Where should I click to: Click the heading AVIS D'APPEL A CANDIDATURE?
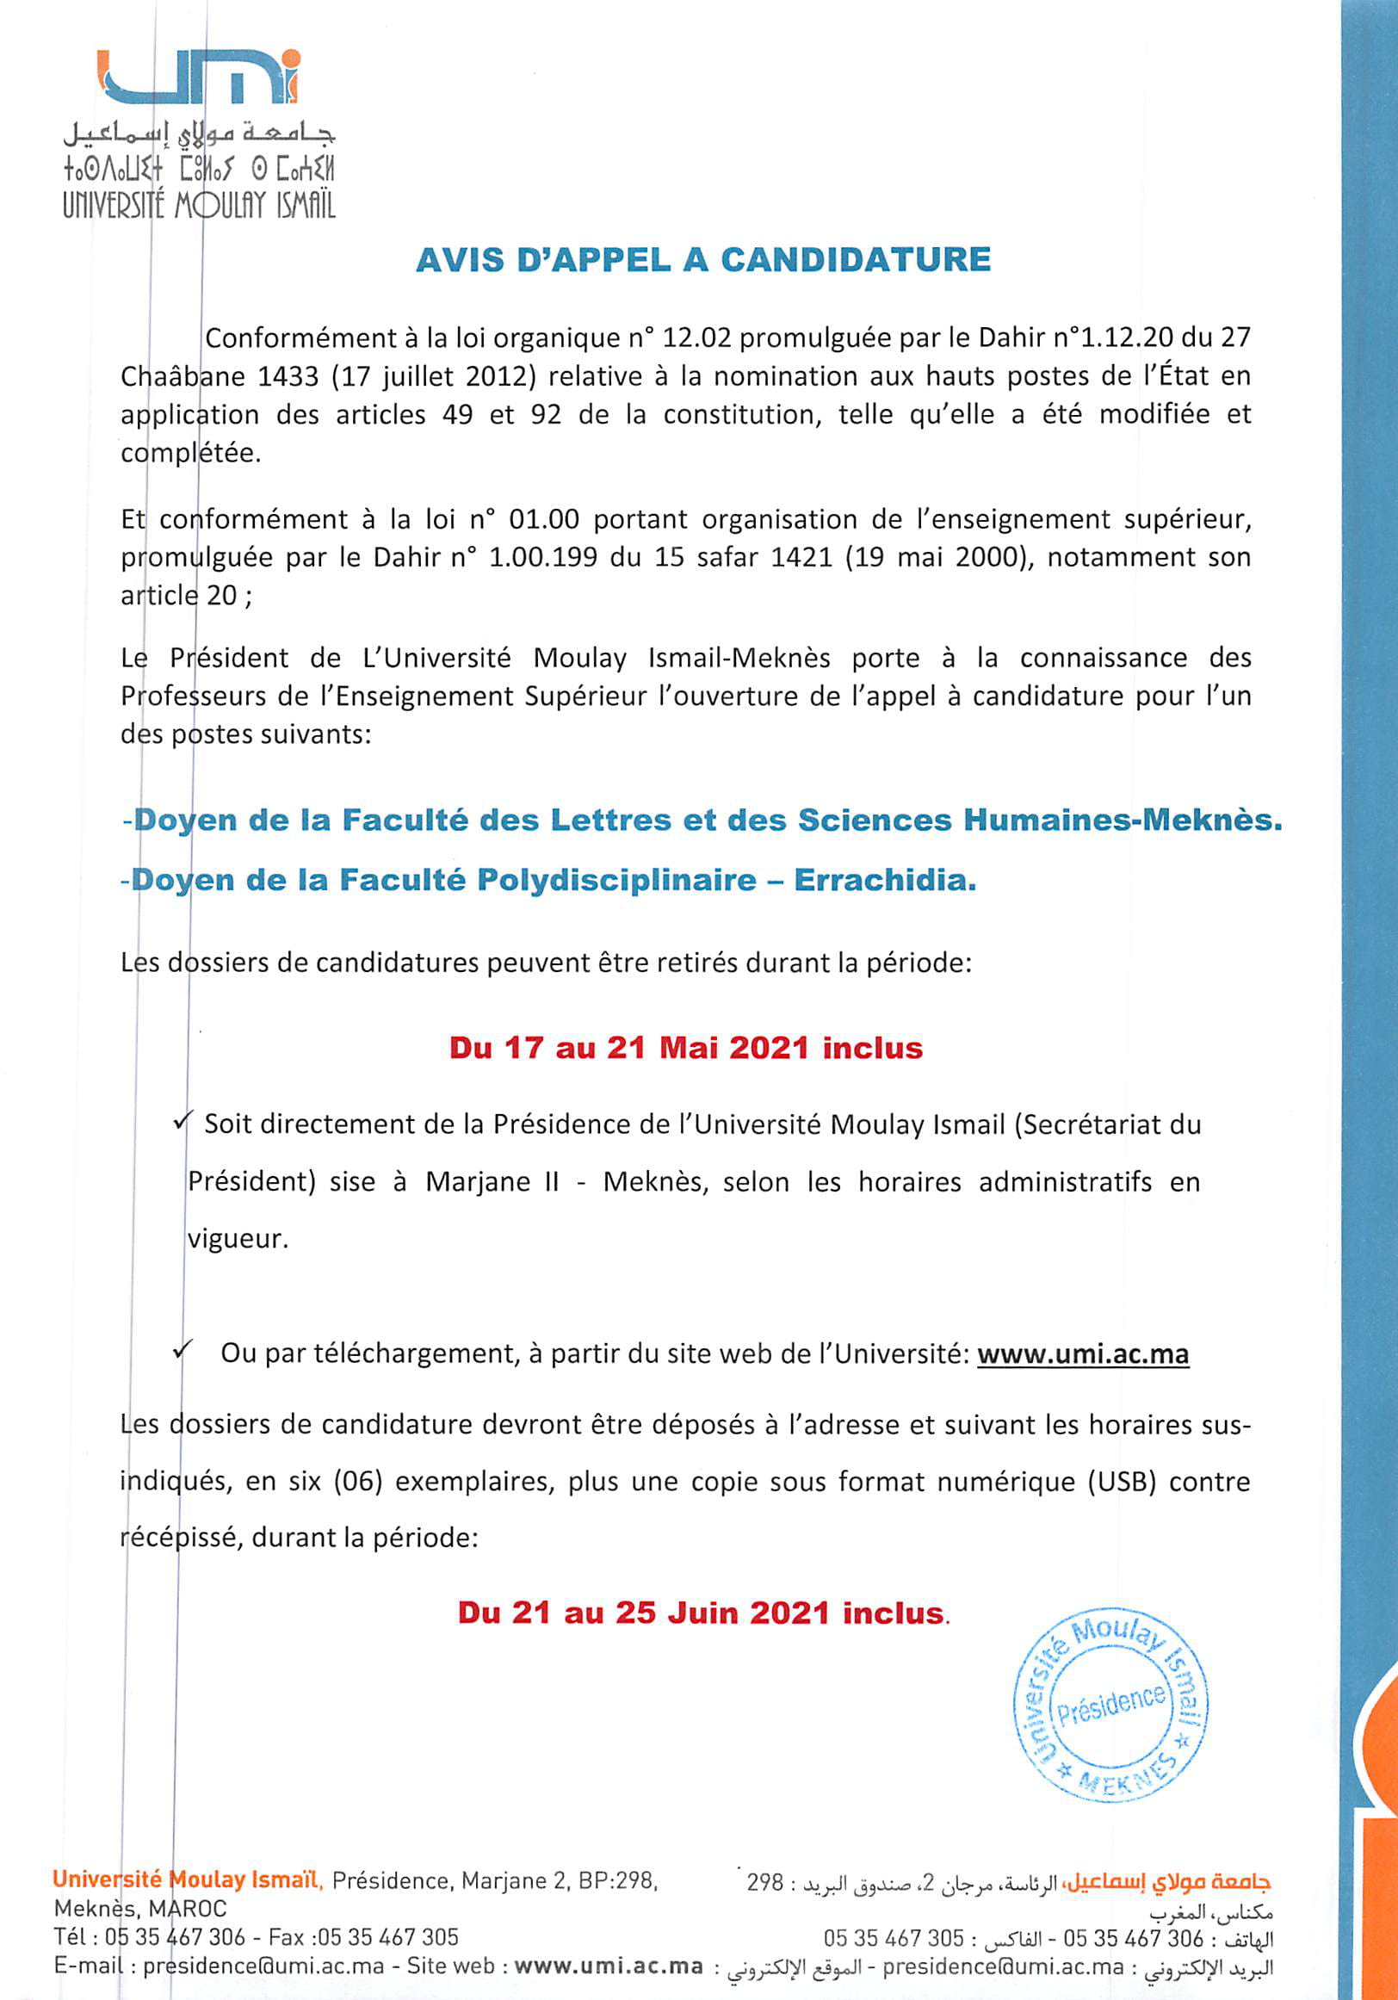pyautogui.click(x=704, y=261)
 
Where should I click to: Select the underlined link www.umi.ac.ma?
pyautogui.click(x=1083, y=1354)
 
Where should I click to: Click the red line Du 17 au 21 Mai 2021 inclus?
pyautogui.click(x=685, y=1047)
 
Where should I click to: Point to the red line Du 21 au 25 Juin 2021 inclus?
pyautogui.click(x=702, y=1613)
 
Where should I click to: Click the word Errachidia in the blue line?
pyautogui.click(x=884, y=881)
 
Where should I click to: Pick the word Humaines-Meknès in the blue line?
pyautogui.click(x=1122, y=820)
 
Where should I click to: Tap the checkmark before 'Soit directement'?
pyautogui.click(x=182, y=1123)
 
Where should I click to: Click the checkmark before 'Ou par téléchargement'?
pyautogui.click(x=182, y=1352)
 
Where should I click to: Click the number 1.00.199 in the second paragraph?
pyautogui.click(x=542, y=557)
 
